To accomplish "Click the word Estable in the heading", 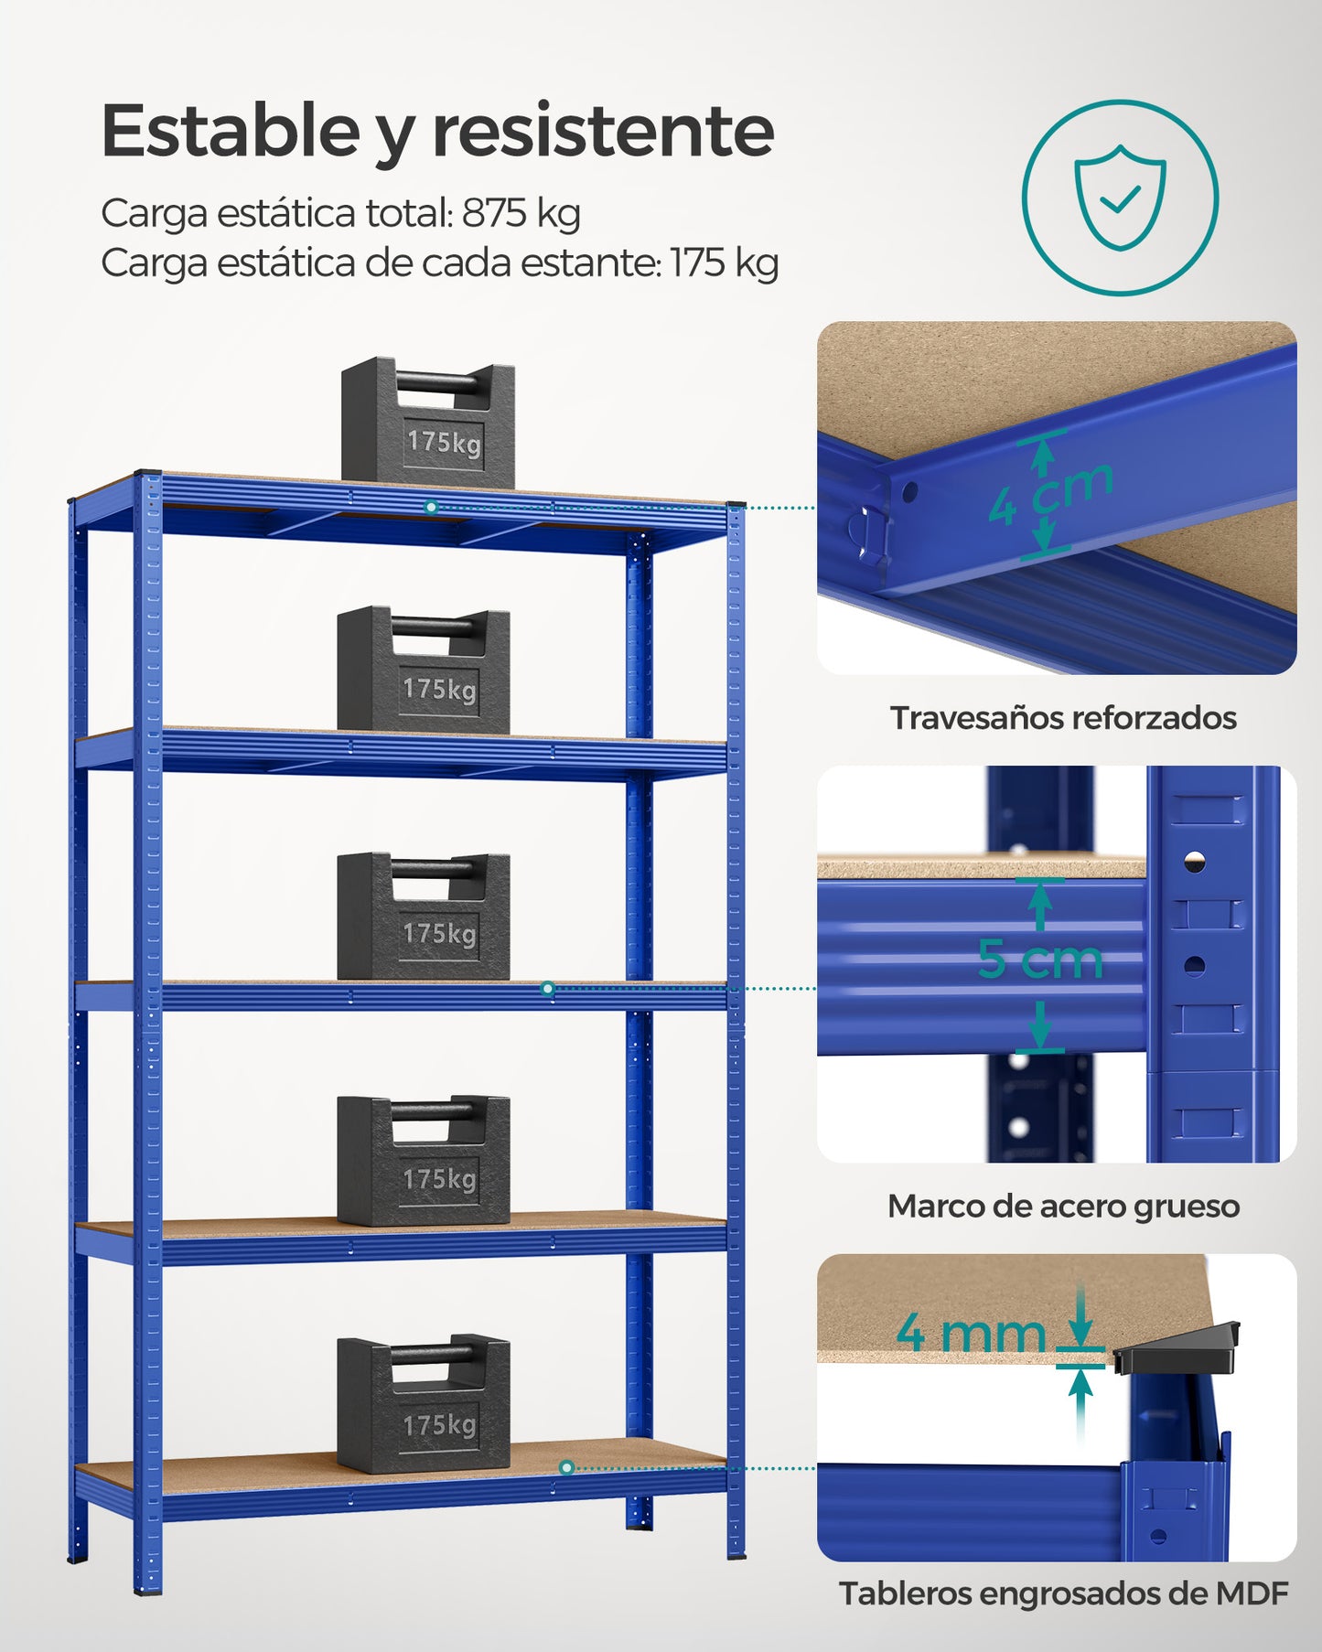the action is pos(231,130).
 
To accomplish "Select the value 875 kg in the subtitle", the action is pos(521,213).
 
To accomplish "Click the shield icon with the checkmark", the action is pos(1120,198).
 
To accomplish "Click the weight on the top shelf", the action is pos(428,421).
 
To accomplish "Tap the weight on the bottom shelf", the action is pos(423,1404).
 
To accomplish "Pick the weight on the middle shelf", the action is pos(423,917).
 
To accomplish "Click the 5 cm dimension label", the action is pos(1040,960).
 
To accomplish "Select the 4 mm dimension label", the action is pos(971,1333).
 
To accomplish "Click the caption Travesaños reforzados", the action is pos(1063,718).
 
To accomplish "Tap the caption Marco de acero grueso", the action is pos(1063,1207).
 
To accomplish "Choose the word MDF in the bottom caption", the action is pos(1252,1593).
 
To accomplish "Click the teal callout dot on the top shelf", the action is pos(432,507).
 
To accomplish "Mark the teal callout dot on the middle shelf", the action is pos(547,989).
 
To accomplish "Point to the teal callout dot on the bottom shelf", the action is pos(567,1468).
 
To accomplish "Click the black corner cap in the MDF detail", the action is pos(1177,1348).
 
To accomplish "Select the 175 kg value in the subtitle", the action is pos(725,263).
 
